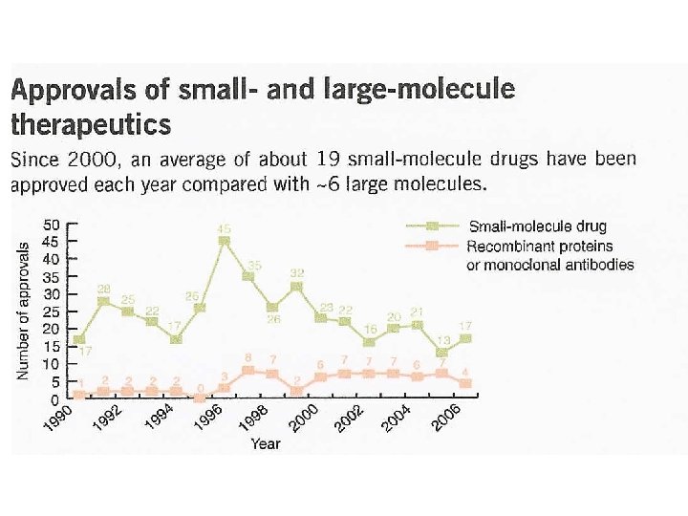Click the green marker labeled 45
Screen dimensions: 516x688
click(224, 241)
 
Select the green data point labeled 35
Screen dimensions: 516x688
click(247, 276)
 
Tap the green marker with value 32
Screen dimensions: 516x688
click(297, 286)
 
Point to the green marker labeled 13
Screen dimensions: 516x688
click(441, 353)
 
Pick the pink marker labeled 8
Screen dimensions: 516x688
click(247, 370)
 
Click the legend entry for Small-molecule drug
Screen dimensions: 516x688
click(537, 226)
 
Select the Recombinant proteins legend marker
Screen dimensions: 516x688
click(432, 246)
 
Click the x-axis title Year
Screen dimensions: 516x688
click(266, 443)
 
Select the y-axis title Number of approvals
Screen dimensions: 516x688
click(23, 311)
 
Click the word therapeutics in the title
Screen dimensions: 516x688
click(91, 124)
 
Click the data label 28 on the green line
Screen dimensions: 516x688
click(103, 289)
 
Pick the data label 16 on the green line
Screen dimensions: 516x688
click(369, 328)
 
